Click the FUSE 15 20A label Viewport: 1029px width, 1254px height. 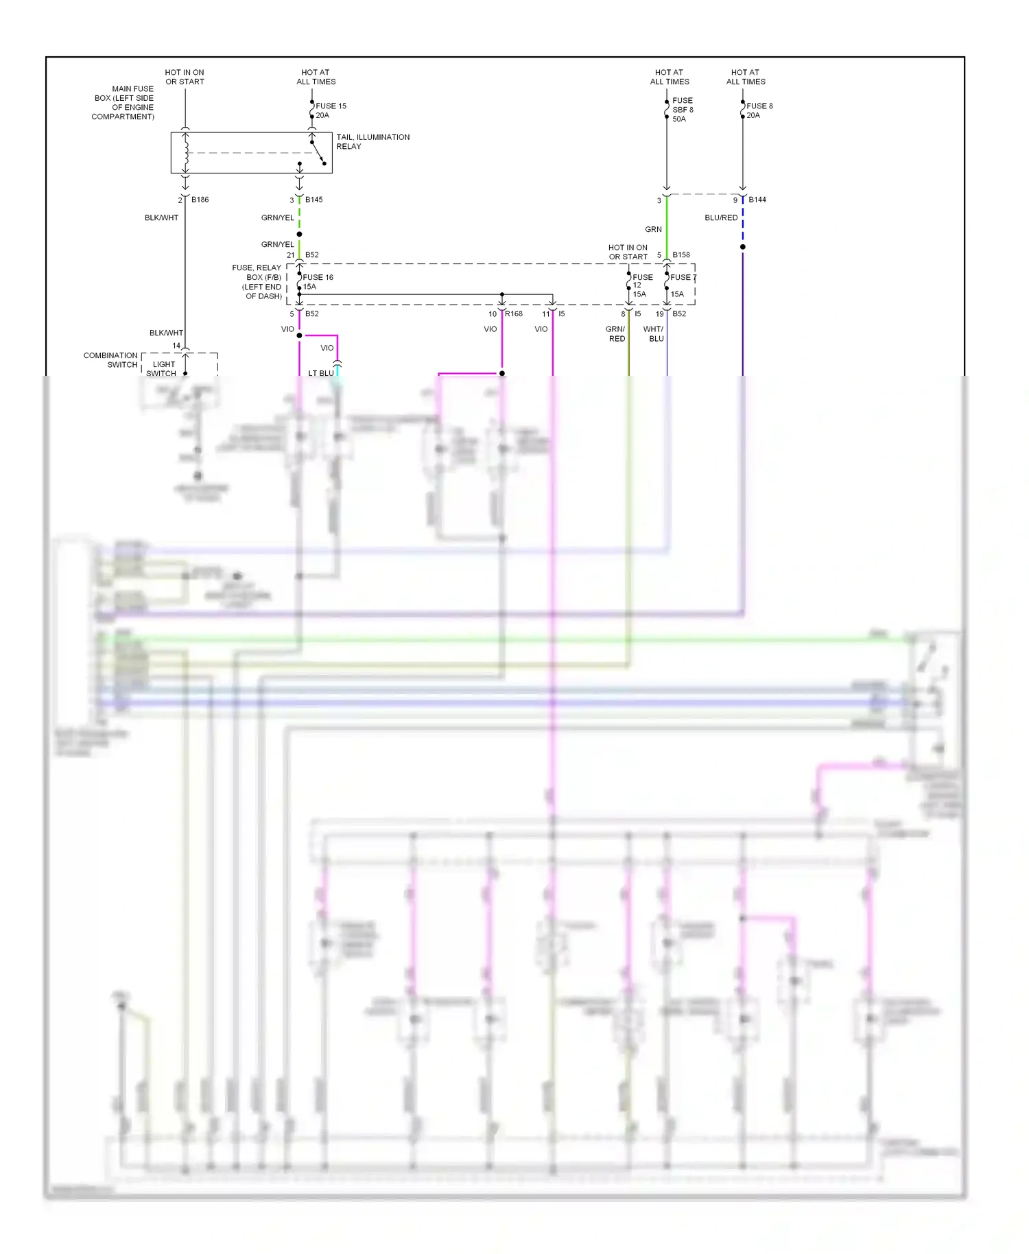(331, 110)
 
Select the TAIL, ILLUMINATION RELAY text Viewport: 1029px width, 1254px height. (372, 141)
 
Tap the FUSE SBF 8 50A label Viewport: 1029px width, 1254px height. (682, 110)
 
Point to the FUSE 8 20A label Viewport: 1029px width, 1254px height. (759, 110)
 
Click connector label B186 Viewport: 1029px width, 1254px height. (200, 200)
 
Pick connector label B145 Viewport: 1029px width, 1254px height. (314, 200)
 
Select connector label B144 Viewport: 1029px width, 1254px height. (757, 200)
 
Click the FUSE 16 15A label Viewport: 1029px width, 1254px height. (317, 282)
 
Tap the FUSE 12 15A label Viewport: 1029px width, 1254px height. (641, 285)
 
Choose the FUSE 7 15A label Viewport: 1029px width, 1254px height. (681, 285)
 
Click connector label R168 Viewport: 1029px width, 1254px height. (513, 313)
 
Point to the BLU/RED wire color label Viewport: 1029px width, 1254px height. (721, 217)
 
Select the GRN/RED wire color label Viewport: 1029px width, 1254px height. (616, 334)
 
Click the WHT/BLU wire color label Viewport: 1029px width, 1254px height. (654, 334)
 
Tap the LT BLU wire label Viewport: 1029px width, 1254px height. (320, 373)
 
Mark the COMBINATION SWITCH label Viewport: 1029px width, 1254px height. (110, 360)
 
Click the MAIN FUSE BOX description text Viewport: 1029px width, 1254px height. (123, 103)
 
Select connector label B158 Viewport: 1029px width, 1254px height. (681, 255)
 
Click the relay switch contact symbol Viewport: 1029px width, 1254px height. (318, 152)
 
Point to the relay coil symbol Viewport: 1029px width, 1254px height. (185, 152)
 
